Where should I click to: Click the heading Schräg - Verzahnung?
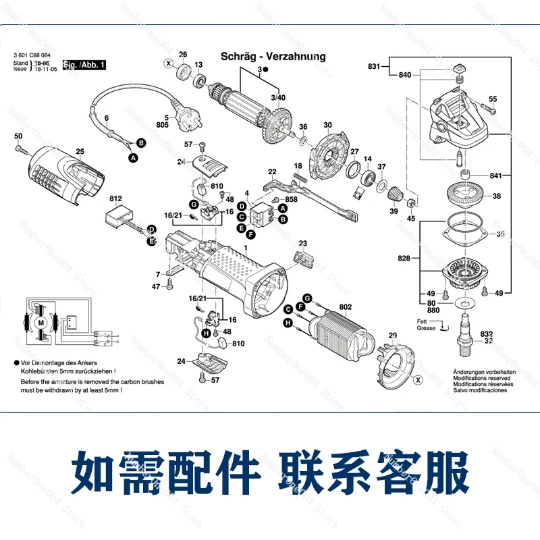(273, 57)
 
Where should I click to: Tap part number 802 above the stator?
(346, 306)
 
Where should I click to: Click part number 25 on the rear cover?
(80, 151)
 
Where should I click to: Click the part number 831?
(374, 66)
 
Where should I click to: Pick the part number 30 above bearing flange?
(327, 126)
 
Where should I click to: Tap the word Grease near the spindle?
(427, 328)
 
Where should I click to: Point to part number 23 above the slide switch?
(302, 243)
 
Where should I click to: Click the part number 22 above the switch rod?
(272, 171)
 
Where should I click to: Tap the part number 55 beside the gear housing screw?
(492, 99)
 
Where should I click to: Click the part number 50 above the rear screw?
(18, 137)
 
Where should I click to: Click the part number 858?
(291, 200)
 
